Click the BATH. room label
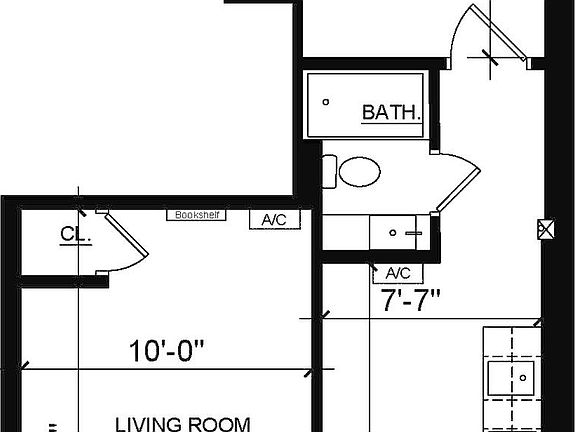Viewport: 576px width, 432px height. [x=391, y=111]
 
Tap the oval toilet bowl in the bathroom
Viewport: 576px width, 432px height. [x=359, y=171]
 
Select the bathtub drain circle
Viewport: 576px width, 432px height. [x=327, y=101]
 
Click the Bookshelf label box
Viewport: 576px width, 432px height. [x=197, y=214]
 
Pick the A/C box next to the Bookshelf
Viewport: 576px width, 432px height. [x=273, y=219]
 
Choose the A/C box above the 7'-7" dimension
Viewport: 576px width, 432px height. [x=397, y=273]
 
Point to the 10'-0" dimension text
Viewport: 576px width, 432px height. [x=167, y=351]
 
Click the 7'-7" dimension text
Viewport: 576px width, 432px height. [x=411, y=299]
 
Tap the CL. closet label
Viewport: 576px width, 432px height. [x=76, y=235]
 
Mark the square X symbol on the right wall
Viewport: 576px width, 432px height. [x=546, y=228]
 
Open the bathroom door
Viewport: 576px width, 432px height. [x=456, y=186]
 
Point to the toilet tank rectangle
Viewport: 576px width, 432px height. [x=329, y=171]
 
